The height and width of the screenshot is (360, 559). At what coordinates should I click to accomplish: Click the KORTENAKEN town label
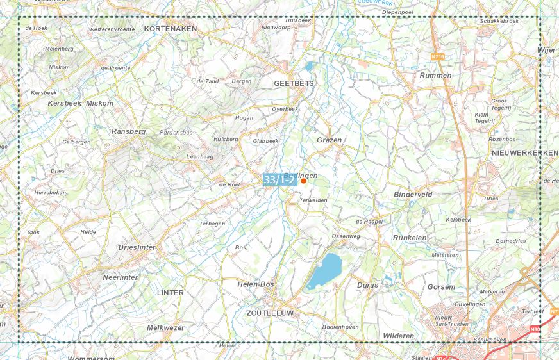(x=171, y=29)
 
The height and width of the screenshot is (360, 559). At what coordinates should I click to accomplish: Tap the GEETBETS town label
(x=294, y=84)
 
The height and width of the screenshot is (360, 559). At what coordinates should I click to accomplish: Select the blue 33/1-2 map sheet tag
(x=279, y=180)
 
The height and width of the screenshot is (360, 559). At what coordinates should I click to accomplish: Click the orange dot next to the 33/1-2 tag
(x=303, y=181)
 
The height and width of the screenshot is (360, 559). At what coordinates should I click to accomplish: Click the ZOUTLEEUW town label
(x=269, y=313)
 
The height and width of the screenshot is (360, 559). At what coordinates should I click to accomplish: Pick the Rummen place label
(x=435, y=75)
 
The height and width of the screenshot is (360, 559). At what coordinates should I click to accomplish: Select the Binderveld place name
(x=413, y=194)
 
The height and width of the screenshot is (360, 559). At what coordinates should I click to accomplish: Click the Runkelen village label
(x=410, y=238)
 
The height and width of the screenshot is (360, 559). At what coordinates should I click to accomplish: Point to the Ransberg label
(x=128, y=131)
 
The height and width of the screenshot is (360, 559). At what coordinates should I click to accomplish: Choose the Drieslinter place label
(x=137, y=247)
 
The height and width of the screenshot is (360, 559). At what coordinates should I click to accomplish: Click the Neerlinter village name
(x=120, y=277)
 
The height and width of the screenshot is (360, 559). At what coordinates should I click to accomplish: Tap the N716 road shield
(x=438, y=57)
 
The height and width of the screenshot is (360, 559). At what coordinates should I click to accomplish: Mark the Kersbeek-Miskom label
(x=80, y=103)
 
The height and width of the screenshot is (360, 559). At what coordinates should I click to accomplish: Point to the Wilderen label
(x=398, y=336)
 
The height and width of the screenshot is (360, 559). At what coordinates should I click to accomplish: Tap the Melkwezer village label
(x=165, y=327)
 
